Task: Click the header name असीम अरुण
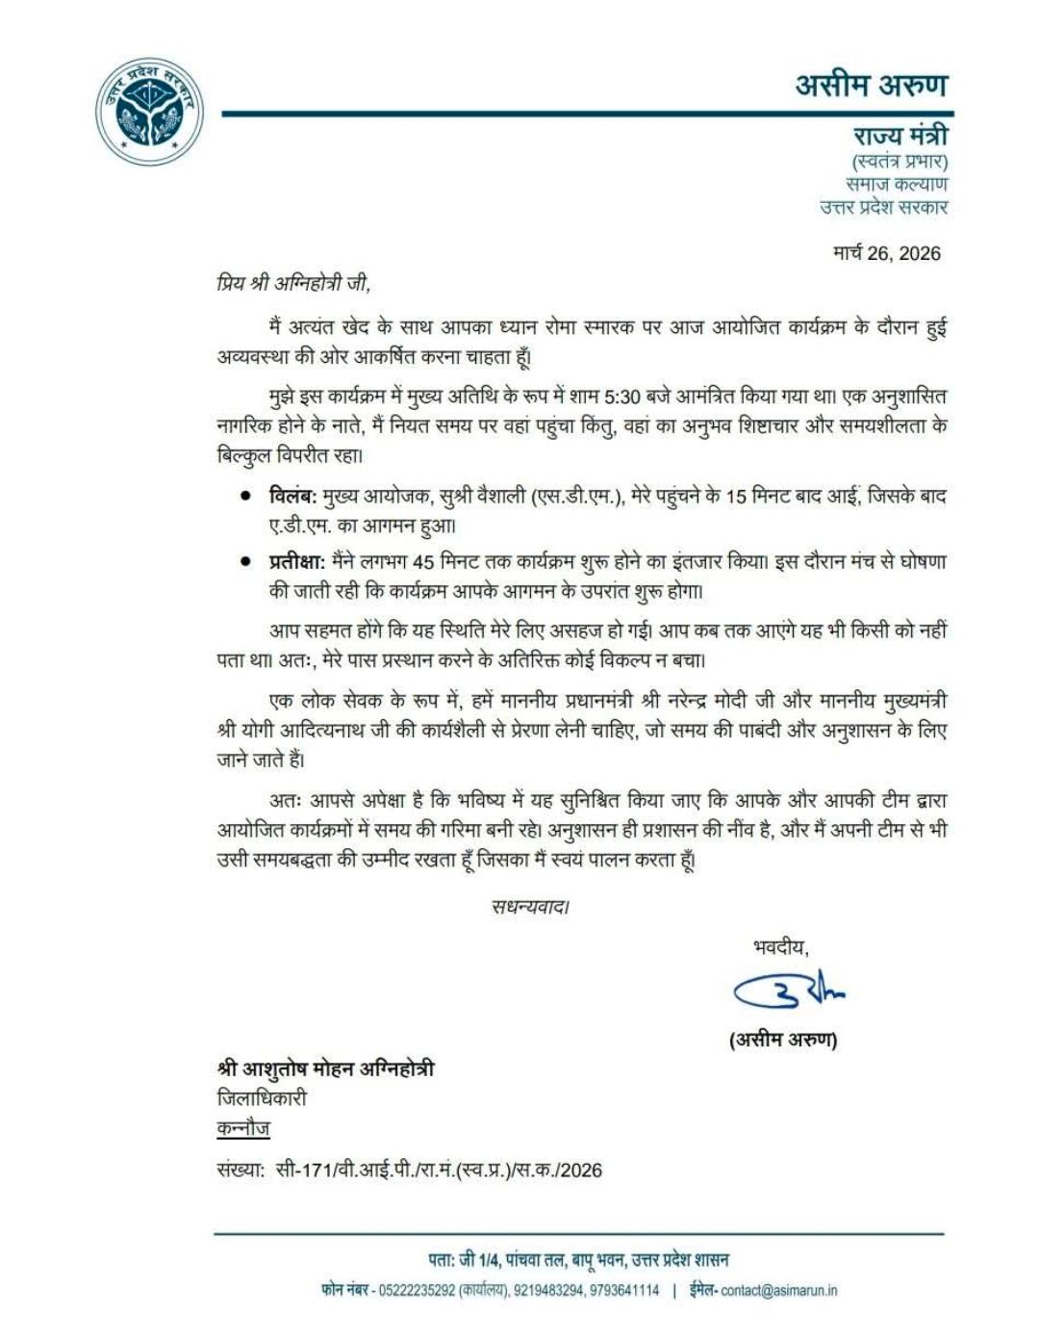click(x=871, y=85)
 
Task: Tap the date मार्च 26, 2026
click(x=886, y=253)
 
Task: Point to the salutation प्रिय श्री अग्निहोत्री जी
click(x=292, y=284)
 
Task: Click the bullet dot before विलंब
click(x=246, y=497)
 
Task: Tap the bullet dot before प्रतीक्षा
click(x=246, y=561)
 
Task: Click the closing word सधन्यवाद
click(x=529, y=906)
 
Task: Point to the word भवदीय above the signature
click(x=780, y=948)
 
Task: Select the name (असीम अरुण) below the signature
click(x=783, y=1040)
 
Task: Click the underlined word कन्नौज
click(x=243, y=1128)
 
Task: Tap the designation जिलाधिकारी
click(x=262, y=1098)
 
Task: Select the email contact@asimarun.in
click(x=779, y=1291)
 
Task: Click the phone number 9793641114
click(x=624, y=1291)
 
